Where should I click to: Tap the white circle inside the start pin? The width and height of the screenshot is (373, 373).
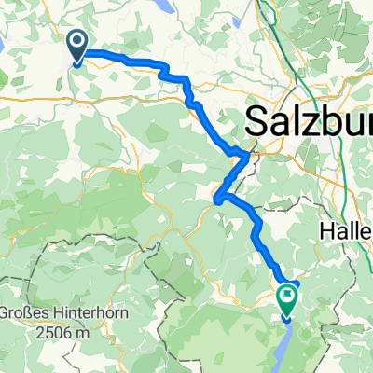pos(78,41)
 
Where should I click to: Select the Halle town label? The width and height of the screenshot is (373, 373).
pos(350,228)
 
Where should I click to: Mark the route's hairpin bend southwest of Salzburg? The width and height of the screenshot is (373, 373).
pos(217,198)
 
